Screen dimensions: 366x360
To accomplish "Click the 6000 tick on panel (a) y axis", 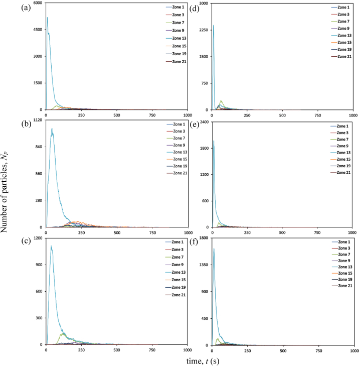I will pyautogui.click(x=38, y=4).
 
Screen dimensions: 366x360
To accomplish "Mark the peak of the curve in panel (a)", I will pyautogui.click(x=48, y=18).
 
